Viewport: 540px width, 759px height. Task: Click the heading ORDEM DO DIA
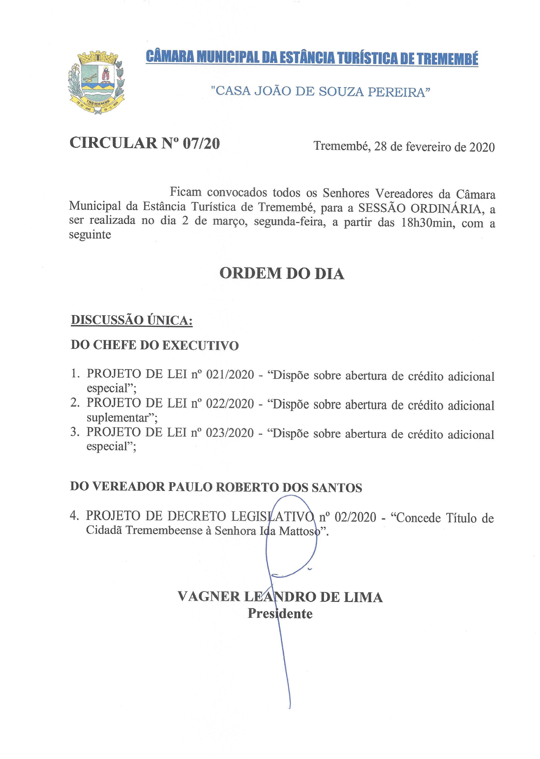(282, 274)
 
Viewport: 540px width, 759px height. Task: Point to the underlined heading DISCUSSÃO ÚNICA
(132, 320)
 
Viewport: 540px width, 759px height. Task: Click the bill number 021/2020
(230, 375)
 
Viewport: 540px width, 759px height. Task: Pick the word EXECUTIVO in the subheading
(201, 345)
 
